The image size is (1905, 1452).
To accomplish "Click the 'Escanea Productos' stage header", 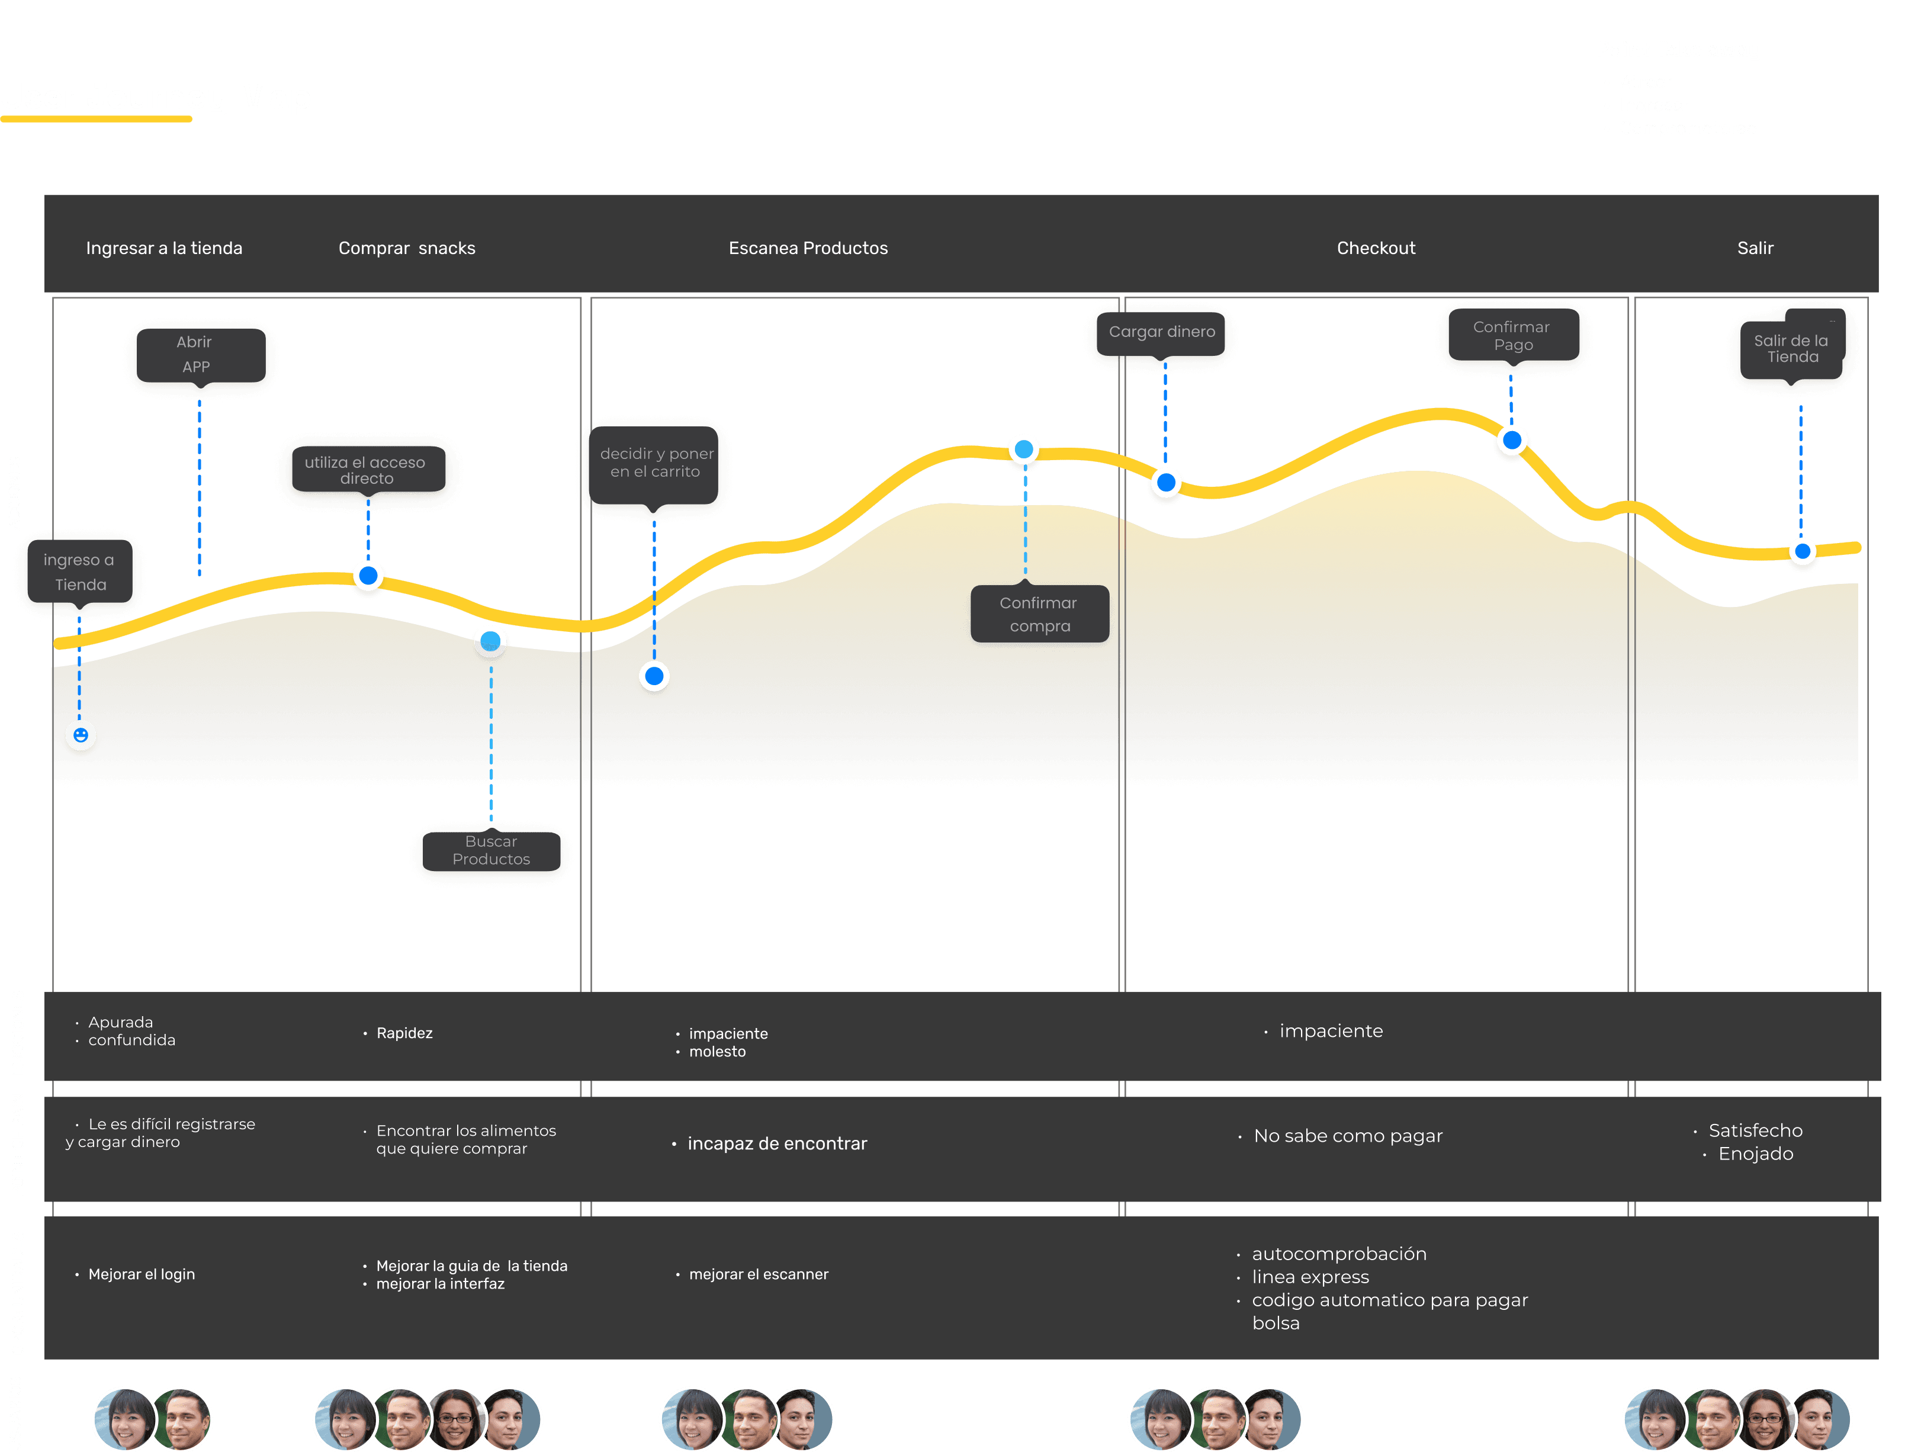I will [808, 248].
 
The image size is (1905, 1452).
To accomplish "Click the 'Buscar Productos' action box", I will [491, 850].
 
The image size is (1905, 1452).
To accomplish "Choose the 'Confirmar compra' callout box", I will [1039, 615].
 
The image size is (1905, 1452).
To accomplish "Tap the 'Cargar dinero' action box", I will [1162, 332].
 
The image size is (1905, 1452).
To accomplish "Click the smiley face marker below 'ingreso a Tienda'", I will [81, 735].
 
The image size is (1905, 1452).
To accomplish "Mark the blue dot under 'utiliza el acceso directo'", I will [368, 575].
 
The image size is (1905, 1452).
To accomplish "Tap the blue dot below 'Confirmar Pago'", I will [1512, 441].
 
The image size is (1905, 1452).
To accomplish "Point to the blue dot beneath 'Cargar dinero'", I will [1166, 482].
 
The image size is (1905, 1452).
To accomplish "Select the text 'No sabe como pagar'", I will [1348, 1136].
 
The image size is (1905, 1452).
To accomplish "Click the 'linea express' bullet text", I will [1310, 1277].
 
